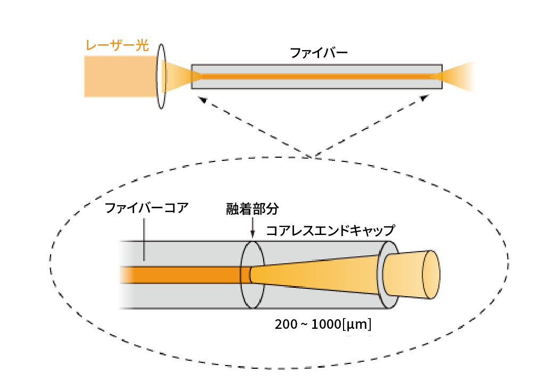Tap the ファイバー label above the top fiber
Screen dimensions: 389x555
[x=319, y=53]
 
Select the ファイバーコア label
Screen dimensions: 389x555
[x=146, y=208]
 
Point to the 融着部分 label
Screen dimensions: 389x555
[x=252, y=208]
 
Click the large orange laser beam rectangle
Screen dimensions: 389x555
[x=120, y=77]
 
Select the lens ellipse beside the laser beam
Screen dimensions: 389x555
[x=161, y=76]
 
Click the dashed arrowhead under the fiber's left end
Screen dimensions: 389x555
[x=202, y=100]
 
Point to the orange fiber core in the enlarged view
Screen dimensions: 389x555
[x=181, y=274]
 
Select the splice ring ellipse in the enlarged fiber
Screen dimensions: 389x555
[x=252, y=274]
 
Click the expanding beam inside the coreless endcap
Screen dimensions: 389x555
[x=320, y=274]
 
